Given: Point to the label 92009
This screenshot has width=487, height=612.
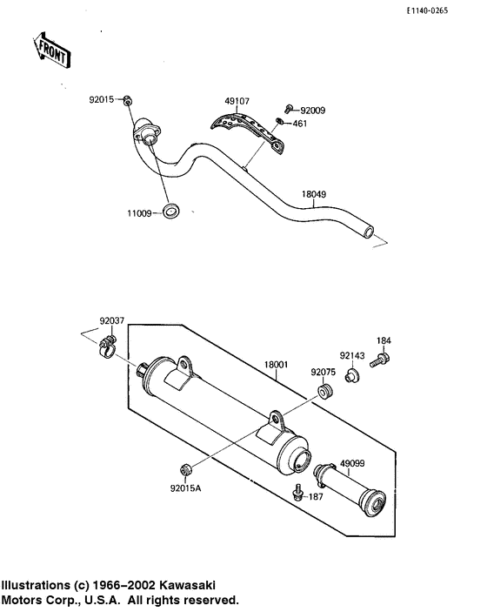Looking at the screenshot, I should coord(312,111).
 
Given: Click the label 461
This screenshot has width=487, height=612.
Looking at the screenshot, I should coord(299,124).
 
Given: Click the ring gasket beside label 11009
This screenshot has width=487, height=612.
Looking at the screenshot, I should coord(174,211).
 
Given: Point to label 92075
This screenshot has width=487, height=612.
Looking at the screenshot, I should coord(324,372).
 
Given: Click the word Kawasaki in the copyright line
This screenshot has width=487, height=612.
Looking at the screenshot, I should coord(187,585).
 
